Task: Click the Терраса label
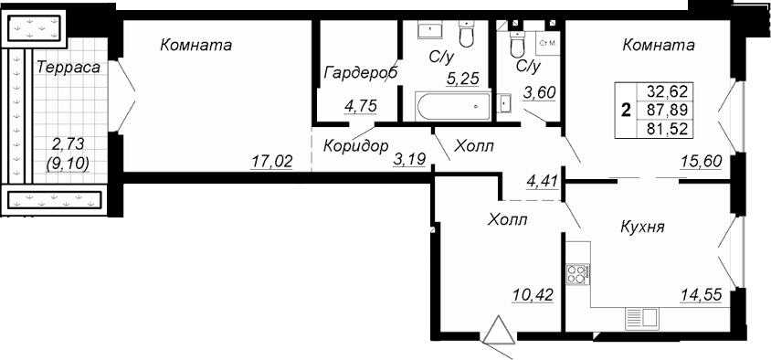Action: point(69,68)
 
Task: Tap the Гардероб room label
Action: point(361,73)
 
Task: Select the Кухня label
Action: point(642,228)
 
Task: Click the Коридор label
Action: point(356,145)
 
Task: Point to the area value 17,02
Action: point(272,161)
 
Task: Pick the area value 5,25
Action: point(462,79)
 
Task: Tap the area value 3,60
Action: point(539,92)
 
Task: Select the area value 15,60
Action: point(702,161)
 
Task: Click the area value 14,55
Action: point(702,294)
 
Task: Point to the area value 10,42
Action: point(533,294)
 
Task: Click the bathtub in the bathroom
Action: point(453,106)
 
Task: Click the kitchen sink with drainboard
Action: point(641,317)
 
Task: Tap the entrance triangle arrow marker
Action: point(499,330)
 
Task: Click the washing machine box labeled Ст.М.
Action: point(548,43)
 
